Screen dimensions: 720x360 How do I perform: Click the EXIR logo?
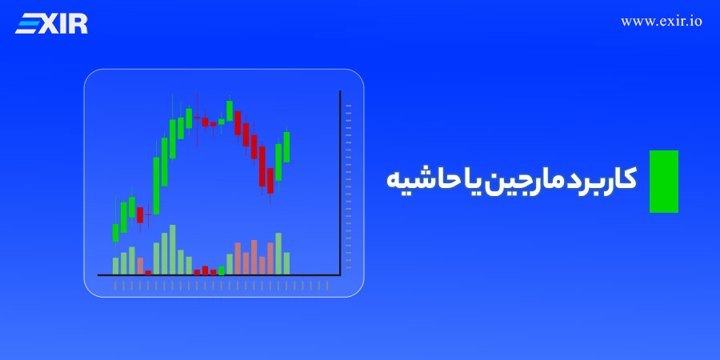tap(51, 23)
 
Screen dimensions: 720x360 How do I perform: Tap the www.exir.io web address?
tap(662, 22)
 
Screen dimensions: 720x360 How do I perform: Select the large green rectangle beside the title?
tap(663, 182)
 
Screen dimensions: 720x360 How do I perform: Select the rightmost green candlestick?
tap(286, 146)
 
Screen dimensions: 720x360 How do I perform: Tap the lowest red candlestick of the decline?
tap(270, 181)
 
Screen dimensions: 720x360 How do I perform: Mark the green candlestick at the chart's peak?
tap(230, 110)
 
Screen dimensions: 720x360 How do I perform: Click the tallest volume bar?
tap(173, 250)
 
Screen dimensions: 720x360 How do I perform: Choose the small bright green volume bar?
tap(222, 270)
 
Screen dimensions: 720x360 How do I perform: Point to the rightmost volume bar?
tap(286, 263)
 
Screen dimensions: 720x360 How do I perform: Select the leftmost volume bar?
tap(116, 266)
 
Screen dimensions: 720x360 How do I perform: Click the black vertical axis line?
tap(340, 183)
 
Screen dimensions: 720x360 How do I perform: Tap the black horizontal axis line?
tap(219, 275)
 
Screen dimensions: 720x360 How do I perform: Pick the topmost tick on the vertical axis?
tap(349, 106)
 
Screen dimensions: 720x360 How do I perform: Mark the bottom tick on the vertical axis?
tap(349, 267)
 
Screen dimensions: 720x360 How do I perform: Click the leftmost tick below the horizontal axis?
tap(115, 286)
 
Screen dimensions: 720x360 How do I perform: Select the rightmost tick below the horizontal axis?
tap(327, 286)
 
